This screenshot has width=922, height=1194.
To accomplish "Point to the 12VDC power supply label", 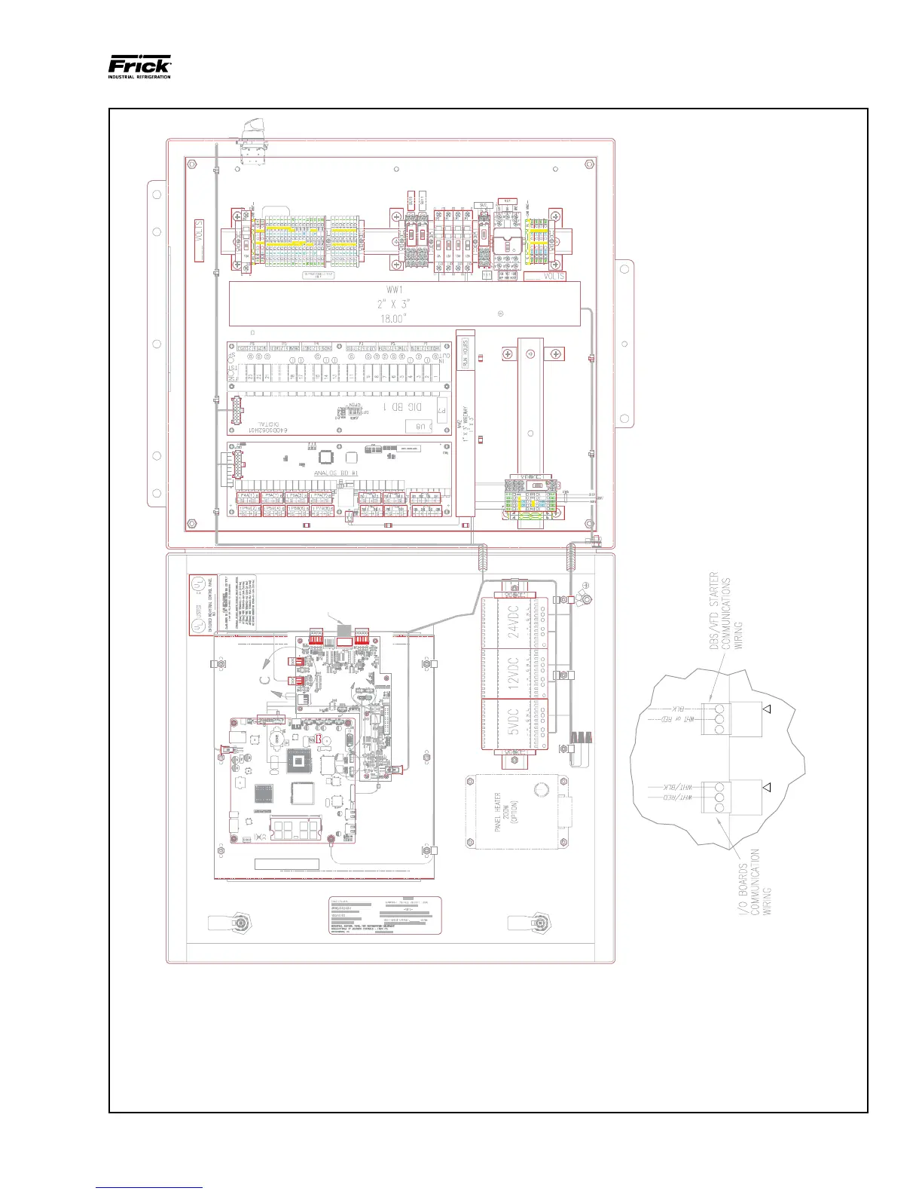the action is click(x=514, y=674).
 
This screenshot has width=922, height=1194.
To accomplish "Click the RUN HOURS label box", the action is click(x=466, y=353).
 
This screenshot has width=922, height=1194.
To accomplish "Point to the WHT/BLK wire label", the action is click(x=677, y=788).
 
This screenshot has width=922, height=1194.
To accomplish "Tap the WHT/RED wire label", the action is click(x=677, y=797).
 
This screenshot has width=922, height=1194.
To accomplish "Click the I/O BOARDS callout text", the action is click(x=756, y=882).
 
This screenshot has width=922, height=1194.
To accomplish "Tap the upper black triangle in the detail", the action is click(x=767, y=709).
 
